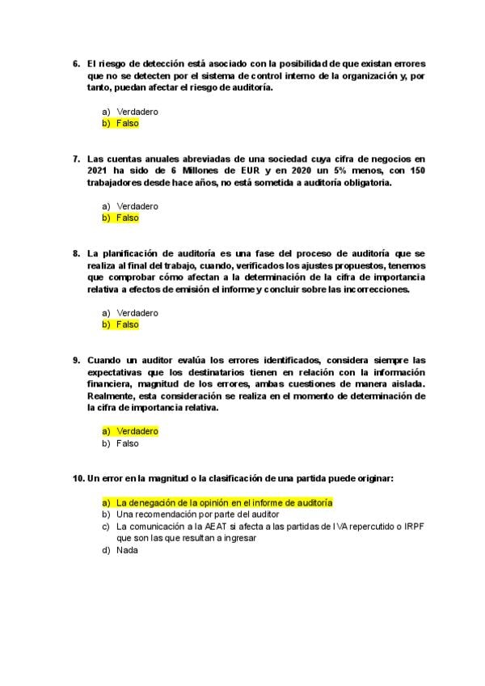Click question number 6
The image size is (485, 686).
tap(76, 63)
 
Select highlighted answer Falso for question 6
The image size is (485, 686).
tap(127, 124)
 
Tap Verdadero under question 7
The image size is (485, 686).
tap(137, 206)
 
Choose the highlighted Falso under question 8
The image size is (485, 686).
tap(127, 324)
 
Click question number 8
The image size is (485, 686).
tap(76, 253)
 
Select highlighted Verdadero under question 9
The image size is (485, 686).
tap(137, 431)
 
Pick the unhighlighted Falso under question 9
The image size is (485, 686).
tap(127, 443)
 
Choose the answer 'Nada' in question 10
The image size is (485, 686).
tap(127, 550)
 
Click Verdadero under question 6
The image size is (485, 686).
tap(137, 112)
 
